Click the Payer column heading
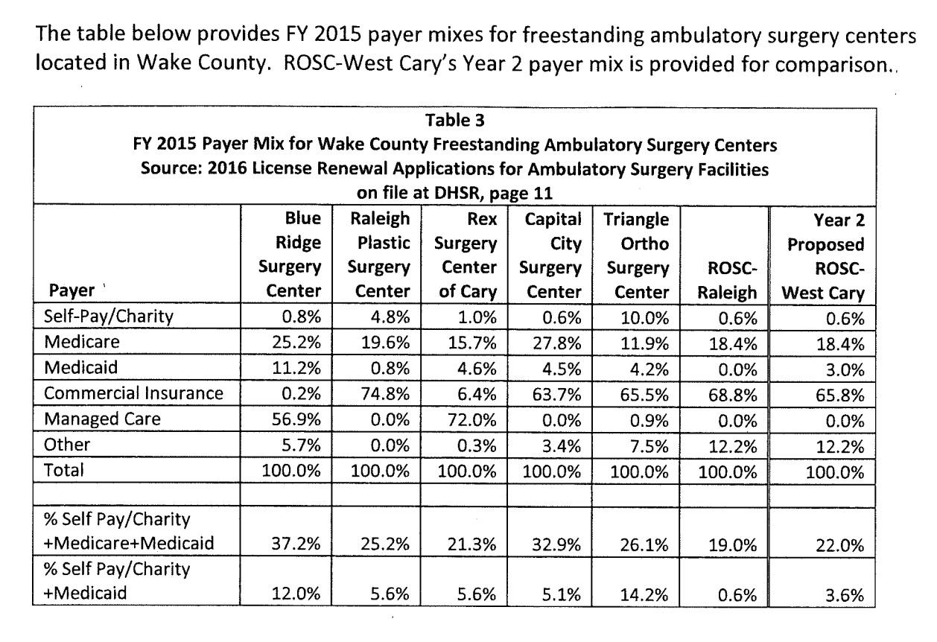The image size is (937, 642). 69,293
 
